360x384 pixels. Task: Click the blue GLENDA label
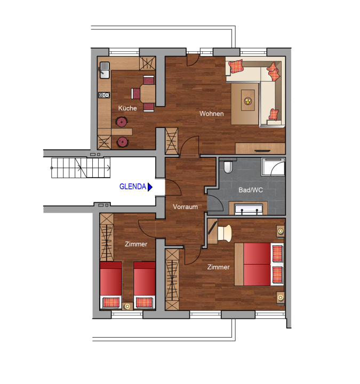click(x=132, y=187)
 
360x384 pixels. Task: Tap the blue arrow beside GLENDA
click(x=150, y=187)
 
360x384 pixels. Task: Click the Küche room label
click(x=127, y=108)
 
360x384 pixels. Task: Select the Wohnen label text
click(x=211, y=114)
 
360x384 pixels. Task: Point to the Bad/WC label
click(x=251, y=190)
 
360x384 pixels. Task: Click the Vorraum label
click(x=185, y=207)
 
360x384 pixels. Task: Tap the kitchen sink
click(x=105, y=70)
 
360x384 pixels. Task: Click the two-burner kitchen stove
click(x=104, y=95)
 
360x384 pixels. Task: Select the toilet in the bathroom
click(x=228, y=167)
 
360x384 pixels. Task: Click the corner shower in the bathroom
click(x=273, y=167)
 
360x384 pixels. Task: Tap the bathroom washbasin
click(x=249, y=209)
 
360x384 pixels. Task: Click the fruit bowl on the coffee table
click(x=247, y=101)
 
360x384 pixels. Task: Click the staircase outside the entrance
click(x=81, y=168)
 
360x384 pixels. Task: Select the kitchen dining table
click(x=148, y=93)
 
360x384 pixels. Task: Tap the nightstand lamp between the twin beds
click(x=127, y=306)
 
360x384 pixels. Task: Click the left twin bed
click(x=111, y=285)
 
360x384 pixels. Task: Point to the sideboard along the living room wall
click(x=260, y=148)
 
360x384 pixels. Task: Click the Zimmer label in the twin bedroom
click(x=136, y=244)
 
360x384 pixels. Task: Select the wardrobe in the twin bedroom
click(x=107, y=237)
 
